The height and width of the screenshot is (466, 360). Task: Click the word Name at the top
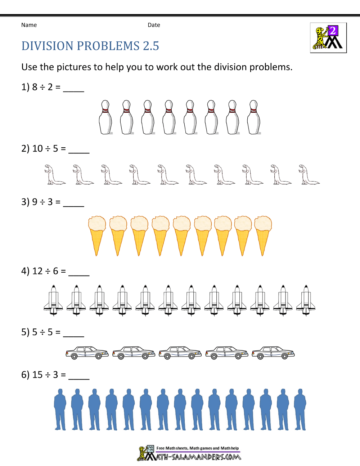pos(29,25)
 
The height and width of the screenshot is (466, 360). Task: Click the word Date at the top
pos(154,25)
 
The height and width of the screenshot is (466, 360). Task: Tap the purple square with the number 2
pos(333,31)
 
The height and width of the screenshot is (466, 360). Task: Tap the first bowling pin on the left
pos(105,117)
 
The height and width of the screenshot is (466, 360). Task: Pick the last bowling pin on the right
pos(254,117)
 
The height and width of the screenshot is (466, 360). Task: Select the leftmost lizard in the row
pos(55,174)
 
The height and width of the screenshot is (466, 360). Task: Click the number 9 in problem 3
pos(35,202)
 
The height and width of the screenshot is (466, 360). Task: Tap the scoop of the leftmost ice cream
pos(97,224)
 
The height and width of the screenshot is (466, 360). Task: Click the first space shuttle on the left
pos(53,300)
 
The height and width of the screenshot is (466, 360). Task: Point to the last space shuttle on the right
pos(306,300)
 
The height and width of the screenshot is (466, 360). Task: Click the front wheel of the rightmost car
pos(284,357)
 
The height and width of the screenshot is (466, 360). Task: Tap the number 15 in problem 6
pos(37,375)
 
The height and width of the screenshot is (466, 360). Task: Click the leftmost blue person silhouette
pos(60,409)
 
